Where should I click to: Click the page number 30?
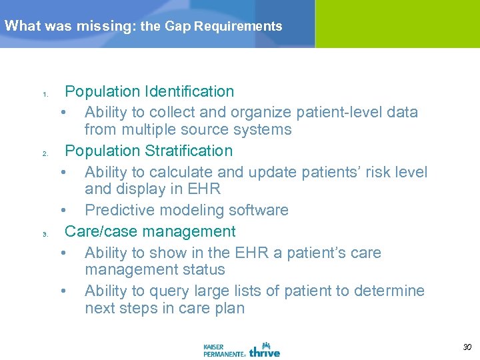(467, 347)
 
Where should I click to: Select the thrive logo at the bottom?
(265, 349)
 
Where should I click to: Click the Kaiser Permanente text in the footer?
(224, 350)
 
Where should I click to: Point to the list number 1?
(45, 94)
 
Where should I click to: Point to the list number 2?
(45, 153)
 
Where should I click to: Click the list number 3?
(45, 234)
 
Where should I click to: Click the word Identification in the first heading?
(190, 91)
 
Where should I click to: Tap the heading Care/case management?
(150, 231)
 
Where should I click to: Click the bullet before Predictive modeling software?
(63, 210)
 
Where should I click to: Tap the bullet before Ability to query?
(63, 291)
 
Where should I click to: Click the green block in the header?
(397, 23)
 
